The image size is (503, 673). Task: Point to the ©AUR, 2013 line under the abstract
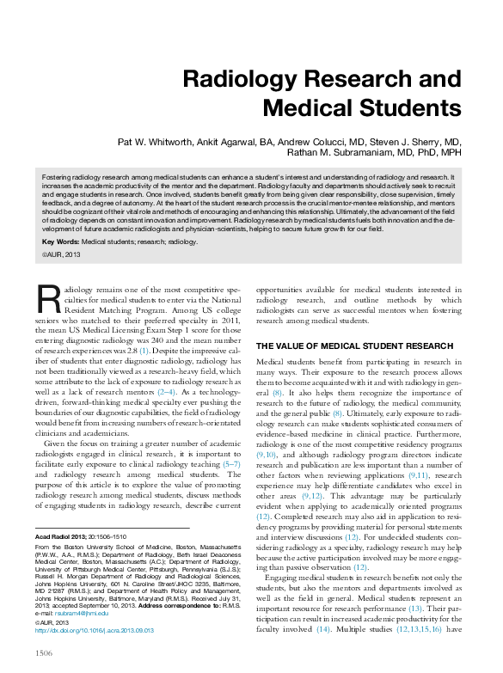pyautogui.click(x=62, y=255)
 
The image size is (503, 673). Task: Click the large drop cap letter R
pyautogui.click(x=51, y=298)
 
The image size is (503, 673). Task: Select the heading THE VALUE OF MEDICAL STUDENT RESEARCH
pyautogui.click(x=343, y=346)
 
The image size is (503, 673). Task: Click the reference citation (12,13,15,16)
pyautogui.click(x=419, y=628)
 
